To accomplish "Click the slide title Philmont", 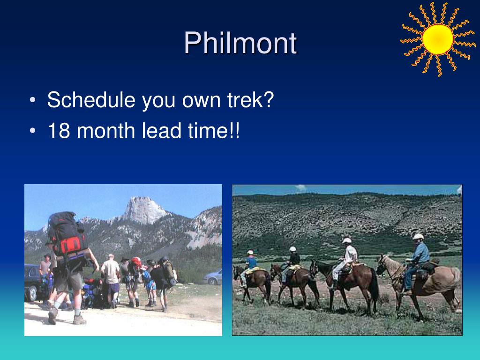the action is coord(240,43).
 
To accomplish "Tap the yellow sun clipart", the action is coord(438,39).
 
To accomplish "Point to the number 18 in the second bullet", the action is coord(59,131).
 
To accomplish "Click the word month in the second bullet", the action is coord(106,131).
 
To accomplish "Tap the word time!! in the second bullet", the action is coord(214,131).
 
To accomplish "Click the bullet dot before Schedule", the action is coord(33,100).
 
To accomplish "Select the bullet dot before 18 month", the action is coord(33,131).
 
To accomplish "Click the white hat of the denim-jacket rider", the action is coord(418,236).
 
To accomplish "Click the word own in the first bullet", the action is coord(201,100).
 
